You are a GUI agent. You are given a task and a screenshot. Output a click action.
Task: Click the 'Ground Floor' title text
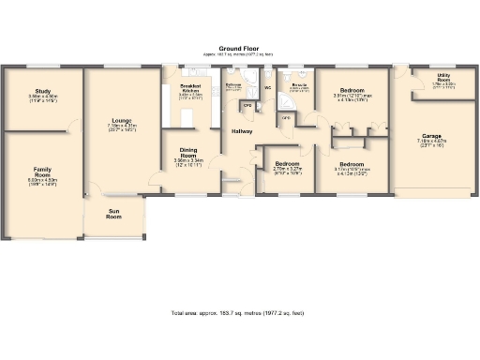[x=239, y=47]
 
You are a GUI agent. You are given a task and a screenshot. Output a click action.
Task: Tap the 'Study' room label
[x=43, y=91]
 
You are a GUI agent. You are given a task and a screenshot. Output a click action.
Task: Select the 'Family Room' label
[x=42, y=172]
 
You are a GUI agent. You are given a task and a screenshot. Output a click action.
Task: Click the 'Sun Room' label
[x=114, y=215]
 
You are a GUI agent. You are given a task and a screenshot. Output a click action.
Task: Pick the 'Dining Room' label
[x=189, y=151]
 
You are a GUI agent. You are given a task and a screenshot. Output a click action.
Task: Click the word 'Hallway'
[x=243, y=132]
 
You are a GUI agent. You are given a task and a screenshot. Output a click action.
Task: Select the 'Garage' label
[x=431, y=136]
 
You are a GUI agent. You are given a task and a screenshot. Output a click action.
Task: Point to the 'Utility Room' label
[x=442, y=79]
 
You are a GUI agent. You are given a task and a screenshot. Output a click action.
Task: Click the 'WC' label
[x=268, y=87]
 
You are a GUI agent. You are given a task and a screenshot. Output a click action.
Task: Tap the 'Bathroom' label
[x=233, y=84]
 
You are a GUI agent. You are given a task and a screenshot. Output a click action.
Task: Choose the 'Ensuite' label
[x=300, y=85]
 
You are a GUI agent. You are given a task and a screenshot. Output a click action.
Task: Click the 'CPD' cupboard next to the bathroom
[x=247, y=104]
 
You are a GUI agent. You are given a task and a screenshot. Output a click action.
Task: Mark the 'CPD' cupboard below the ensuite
[x=286, y=118]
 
